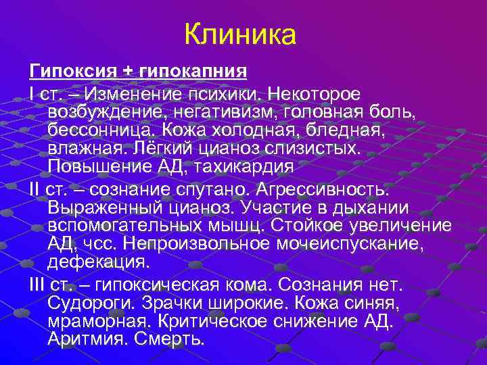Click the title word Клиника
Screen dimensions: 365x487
pyautogui.click(x=240, y=34)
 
